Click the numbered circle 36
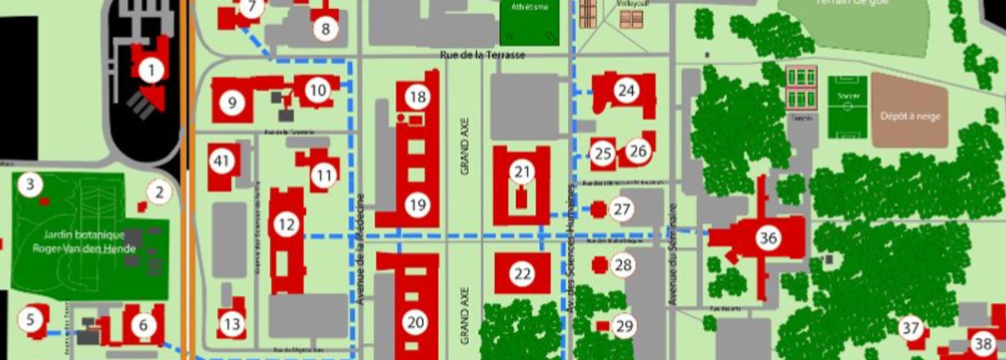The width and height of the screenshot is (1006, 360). (x=768, y=237)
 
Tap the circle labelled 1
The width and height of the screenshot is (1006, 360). (x=152, y=70)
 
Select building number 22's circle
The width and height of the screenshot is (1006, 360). (x=522, y=273)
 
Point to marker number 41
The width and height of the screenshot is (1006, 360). (x=221, y=161)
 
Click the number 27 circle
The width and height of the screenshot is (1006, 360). (x=622, y=210)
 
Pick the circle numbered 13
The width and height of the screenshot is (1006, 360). (x=231, y=325)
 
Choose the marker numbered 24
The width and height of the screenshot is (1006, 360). (x=626, y=91)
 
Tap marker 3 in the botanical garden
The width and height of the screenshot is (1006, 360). (x=30, y=184)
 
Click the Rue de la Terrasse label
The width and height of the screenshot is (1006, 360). (x=483, y=55)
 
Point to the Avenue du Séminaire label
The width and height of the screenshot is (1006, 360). (x=673, y=255)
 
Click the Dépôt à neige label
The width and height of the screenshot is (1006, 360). (x=910, y=116)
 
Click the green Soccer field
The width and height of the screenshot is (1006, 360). (x=847, y=107)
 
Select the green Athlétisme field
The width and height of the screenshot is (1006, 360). (x=529, y=22)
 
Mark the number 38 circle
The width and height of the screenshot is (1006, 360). (x=983, y=344)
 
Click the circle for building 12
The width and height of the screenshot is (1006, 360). (x=286, y=225)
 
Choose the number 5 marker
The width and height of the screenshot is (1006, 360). (x=30, y=320)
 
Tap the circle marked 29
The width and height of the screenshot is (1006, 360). (x=624, y=326)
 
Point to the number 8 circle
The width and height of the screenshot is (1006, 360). (x=326, y=29)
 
